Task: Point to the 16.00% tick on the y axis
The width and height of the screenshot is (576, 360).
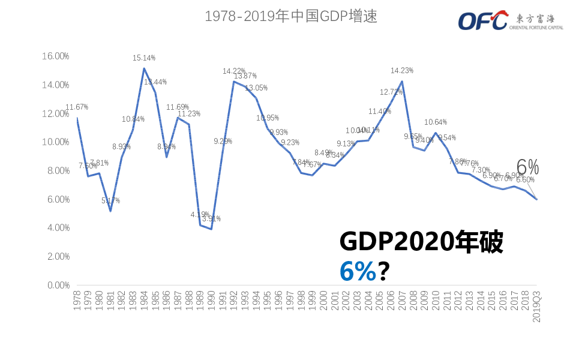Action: pos(55,56)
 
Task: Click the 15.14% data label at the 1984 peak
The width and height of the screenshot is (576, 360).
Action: pos(144,58)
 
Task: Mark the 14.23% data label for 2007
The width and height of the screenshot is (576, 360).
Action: pos(401,71)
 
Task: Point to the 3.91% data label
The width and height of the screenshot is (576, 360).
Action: pos(211,219)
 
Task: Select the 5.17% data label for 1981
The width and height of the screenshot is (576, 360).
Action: pos(110,200)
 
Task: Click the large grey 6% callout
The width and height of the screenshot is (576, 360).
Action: pos(527,167)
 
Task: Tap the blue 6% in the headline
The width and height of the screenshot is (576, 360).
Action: pos(358,271)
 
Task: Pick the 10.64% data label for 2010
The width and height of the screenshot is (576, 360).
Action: pos(436,122)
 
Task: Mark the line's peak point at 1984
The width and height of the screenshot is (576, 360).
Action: pos(144,68)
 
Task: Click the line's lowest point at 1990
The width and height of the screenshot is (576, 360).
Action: pos(211,229)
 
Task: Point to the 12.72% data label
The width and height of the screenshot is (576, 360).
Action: pos(391,92)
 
